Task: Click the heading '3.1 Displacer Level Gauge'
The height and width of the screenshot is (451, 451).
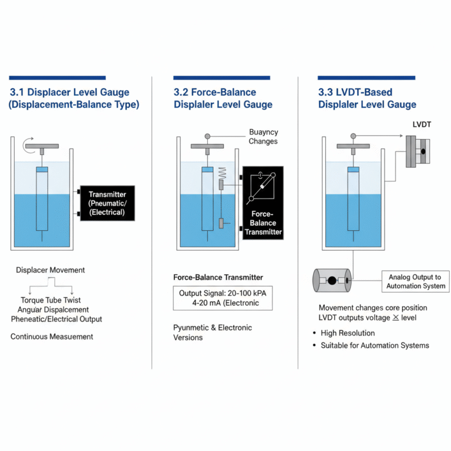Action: tap(69, 92)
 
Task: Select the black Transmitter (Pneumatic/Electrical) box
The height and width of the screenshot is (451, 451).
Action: tap(106, 203)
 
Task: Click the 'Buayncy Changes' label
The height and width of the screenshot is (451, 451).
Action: tap(263, 137)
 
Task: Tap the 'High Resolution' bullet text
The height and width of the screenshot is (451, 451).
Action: tap(348, 333)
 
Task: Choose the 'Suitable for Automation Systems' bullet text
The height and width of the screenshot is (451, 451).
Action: tap(375, 345)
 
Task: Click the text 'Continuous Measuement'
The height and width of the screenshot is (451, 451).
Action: tap(52, 336)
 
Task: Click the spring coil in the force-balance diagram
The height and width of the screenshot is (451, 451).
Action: tap(222, 173)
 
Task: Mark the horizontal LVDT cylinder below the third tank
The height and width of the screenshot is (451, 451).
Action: tap(332, 281)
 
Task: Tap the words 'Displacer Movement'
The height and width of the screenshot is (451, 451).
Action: tap(51, 270)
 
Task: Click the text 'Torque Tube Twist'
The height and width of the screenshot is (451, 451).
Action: tap(51, 300)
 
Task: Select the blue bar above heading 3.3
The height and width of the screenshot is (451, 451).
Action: tap(366, 78)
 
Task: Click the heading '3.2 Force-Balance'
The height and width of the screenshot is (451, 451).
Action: tap(215, 92)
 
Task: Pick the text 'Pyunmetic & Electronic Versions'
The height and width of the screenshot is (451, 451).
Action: tap(213, 332)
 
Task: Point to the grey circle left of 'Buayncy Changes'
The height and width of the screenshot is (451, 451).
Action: tap(207, 136)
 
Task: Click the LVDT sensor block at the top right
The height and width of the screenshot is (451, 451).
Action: tap(417, 152)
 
